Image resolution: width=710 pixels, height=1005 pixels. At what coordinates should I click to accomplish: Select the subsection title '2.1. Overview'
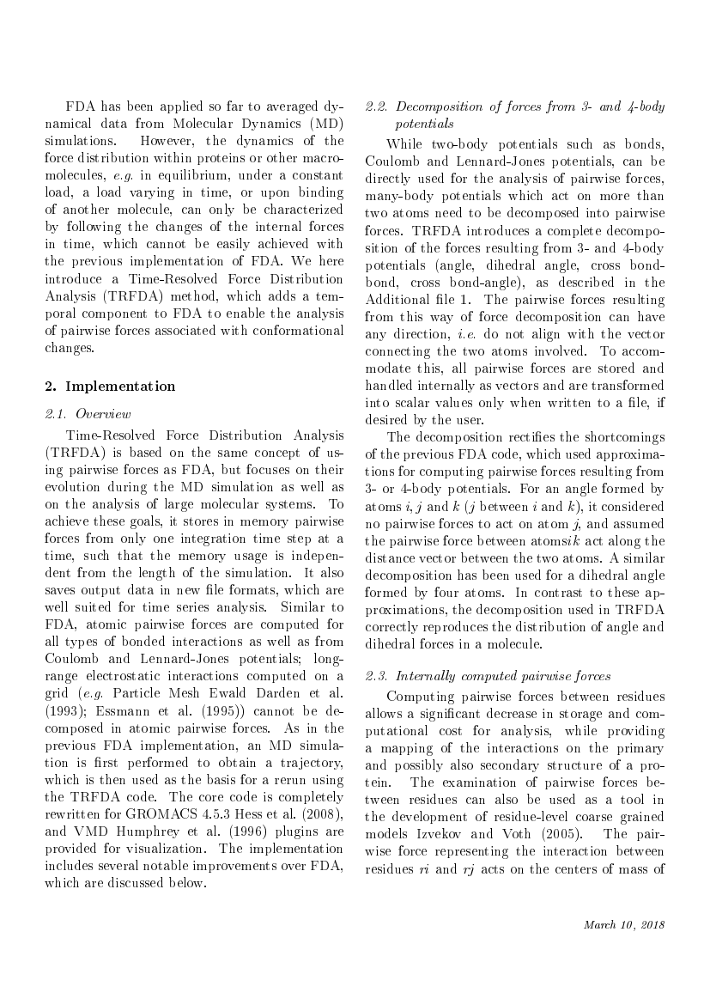(85, 413)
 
